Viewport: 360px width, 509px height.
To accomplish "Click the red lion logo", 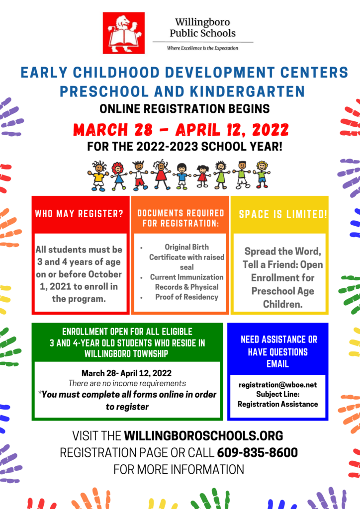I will click(123, 33).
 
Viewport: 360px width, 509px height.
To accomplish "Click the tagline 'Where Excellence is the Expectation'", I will click(202, 48).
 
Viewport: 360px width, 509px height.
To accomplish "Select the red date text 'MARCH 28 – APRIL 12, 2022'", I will click(180, 130).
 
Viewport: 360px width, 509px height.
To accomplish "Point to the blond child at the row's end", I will click(261, 174).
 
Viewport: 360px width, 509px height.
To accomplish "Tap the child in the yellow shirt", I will click(98, 175).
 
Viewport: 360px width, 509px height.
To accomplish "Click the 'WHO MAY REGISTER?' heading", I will click(79, 214).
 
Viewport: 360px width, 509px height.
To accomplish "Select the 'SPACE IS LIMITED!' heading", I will click(283, 214).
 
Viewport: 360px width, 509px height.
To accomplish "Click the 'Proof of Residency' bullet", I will click(186, 297).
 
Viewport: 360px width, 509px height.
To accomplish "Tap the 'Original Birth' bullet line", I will click(186, 247).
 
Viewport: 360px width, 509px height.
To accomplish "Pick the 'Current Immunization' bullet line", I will click(186, 277).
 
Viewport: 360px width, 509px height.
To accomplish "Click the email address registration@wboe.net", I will click(277, 385).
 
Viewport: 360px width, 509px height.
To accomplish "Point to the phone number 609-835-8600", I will click(258, 452).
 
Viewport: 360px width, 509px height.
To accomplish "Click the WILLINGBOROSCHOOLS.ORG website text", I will click(203, 436).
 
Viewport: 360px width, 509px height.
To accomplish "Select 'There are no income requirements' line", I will click(127, 383).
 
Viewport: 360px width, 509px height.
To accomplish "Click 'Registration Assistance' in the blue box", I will click(277, 404).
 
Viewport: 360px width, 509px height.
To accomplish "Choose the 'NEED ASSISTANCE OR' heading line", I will click(278, 339).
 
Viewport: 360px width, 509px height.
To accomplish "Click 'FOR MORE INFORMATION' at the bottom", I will click(179, 469).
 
